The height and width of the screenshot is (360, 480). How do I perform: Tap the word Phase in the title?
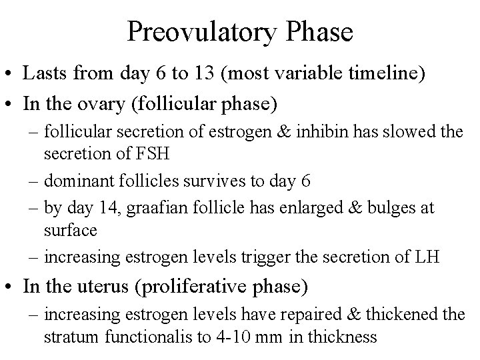pos(318,31)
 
